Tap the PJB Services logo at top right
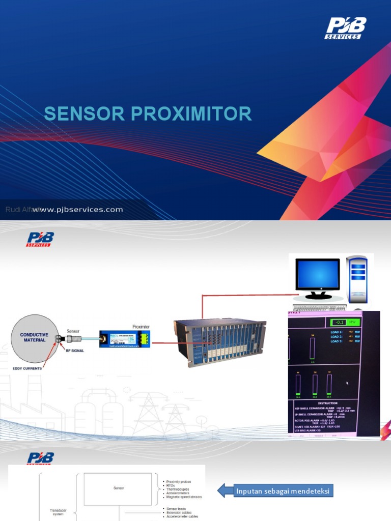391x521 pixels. click(x=346, y=28)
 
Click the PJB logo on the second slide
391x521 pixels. click(x=40, y=239)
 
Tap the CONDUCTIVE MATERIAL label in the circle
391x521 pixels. click(x=34, y=337)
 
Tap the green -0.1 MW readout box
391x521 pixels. click(x=346, y=322)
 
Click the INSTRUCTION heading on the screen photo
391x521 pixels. click(x=327, y=402)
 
